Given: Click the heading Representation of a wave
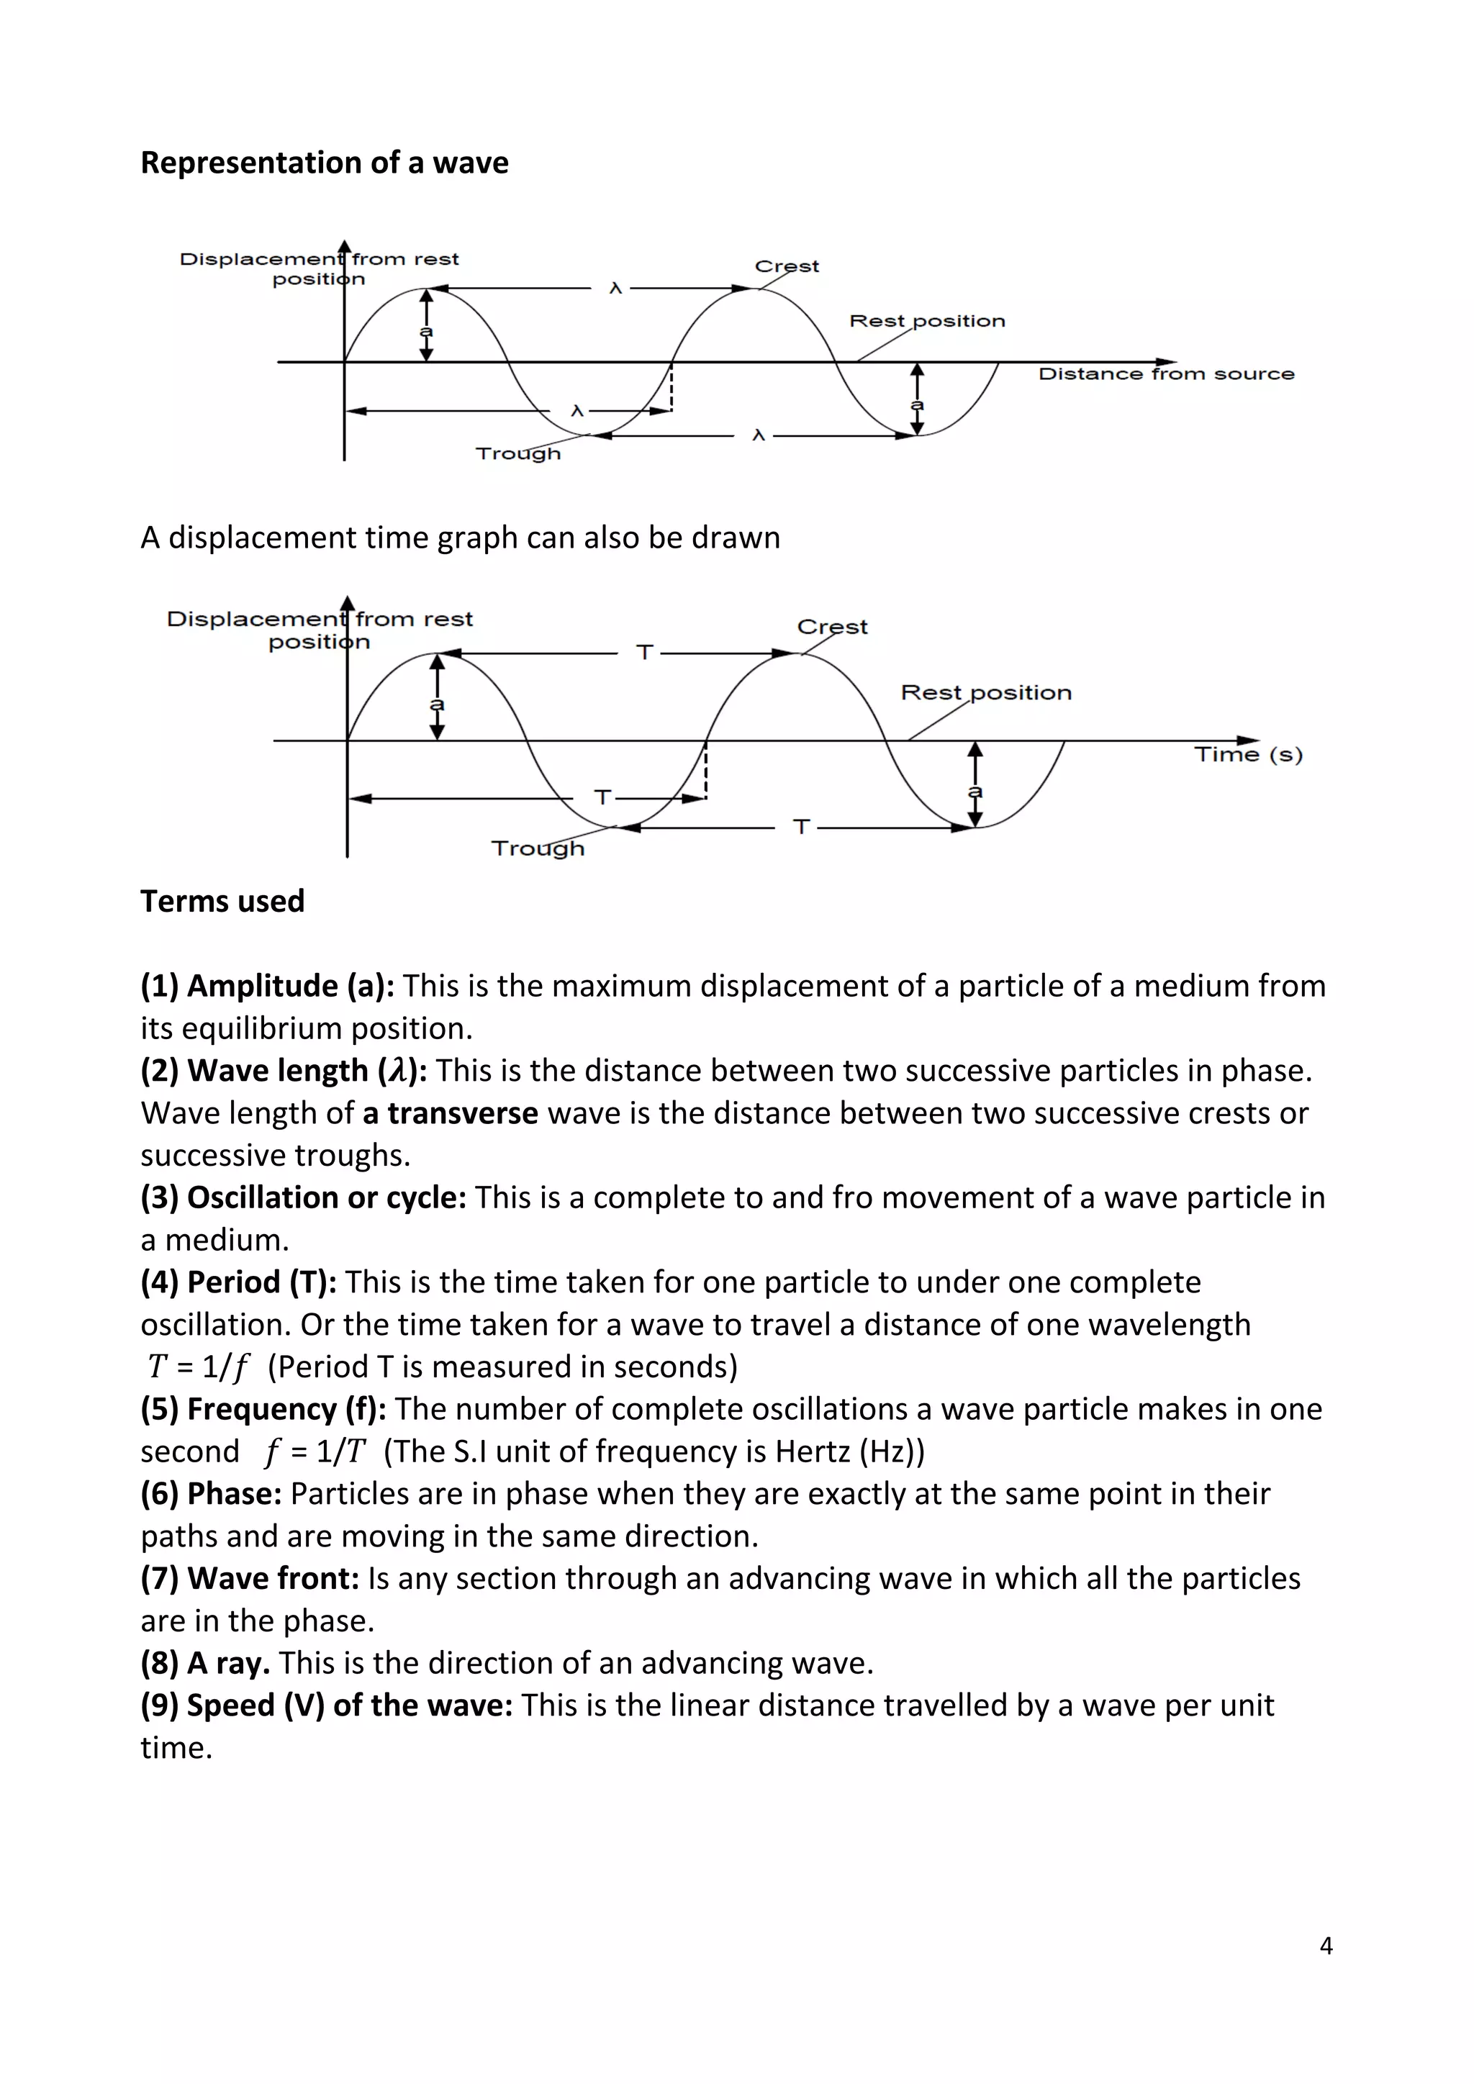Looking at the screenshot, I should coord(324,163).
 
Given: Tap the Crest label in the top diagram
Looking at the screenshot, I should coord(786,266).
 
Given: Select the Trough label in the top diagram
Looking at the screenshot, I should coord(518,453).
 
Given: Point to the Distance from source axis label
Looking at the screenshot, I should coord(1165,374).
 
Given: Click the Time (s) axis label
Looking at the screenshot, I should coord(1247,754).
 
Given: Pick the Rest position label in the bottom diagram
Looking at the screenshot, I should coord(986,692).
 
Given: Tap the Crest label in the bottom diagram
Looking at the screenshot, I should coord(831,626).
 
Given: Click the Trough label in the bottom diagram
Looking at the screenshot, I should coord(538,848).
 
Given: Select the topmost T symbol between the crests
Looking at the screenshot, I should coord(644,653).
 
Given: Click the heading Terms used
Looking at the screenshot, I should coord(222,901).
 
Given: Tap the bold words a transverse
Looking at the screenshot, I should coord(450,1113).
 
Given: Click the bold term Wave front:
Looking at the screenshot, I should coord(250,1578).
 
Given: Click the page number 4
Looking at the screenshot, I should coord(1325,1946).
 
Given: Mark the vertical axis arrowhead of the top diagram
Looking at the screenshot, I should coord(344,246).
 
